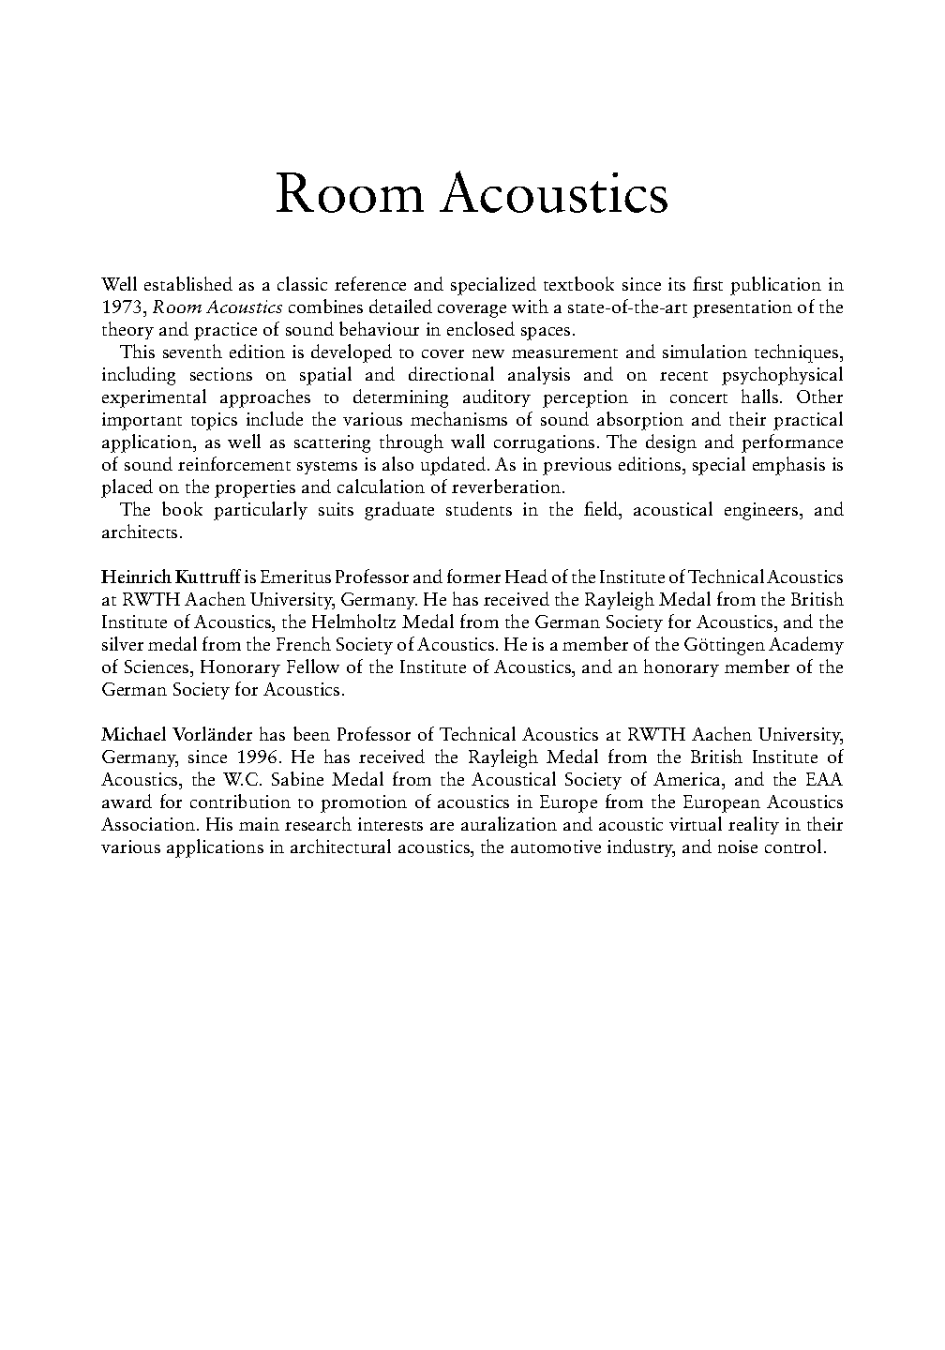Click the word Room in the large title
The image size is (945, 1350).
pyautogui.click(x=349, y=196)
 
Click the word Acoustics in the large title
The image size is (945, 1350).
pyautogui.click(x=554, y=196)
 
